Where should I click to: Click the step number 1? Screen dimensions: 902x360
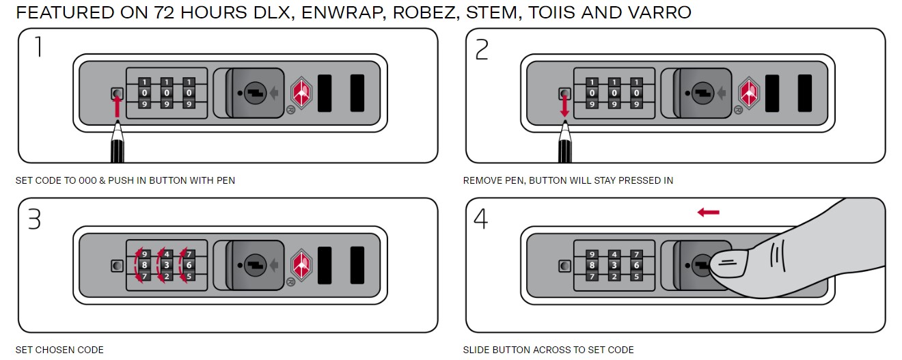click(x=38, y=47)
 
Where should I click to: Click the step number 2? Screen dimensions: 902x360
click(x=482, y=49)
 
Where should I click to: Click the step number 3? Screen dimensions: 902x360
click(x=34, y=219)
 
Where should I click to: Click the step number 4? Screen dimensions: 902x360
click(x=481, y=219)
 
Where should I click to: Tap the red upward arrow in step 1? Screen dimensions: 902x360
click(x=117, y=107)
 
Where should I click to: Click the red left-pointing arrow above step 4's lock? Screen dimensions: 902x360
click(x=708, y=212)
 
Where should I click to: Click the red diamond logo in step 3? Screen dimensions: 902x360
click(x=302, y=265)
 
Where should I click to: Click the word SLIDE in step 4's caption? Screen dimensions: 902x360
click(x=476, y=350)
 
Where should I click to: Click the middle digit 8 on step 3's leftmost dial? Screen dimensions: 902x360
click(x=144, y=265)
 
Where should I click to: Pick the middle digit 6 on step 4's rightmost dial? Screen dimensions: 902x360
click(x=635, y=265)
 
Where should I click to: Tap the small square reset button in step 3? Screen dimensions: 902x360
click(x=117, y=265)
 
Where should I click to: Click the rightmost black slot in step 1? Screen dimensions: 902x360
click(x=357, y=93)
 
